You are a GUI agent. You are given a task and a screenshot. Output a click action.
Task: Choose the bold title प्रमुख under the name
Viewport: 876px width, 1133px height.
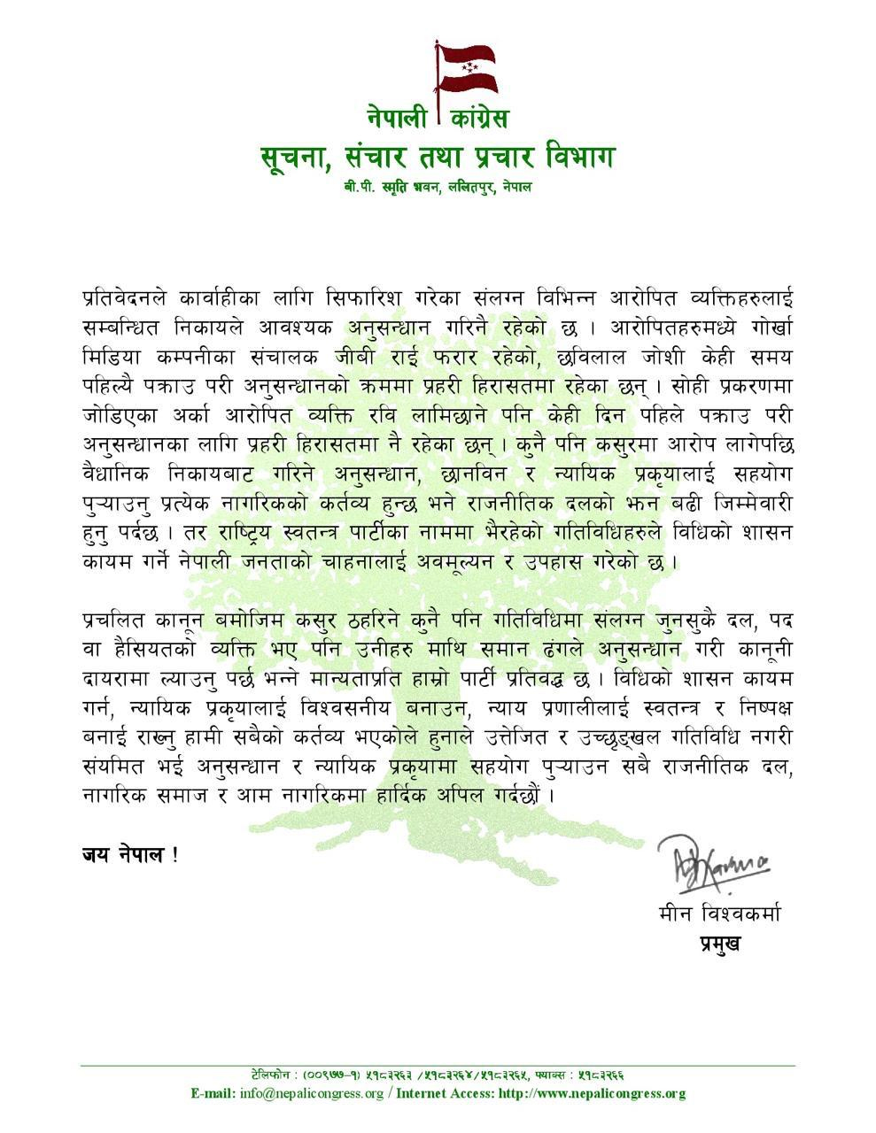click(x=719, y=944)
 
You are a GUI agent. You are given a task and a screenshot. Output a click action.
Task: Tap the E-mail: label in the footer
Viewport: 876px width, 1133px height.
click(x=213, y=1093)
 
